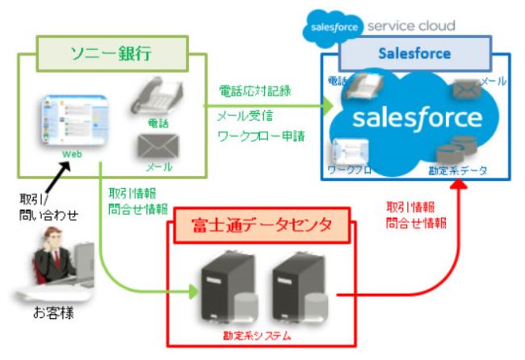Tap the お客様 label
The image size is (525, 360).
tap(55, 312)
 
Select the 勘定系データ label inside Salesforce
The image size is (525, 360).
tap(460, 171)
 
